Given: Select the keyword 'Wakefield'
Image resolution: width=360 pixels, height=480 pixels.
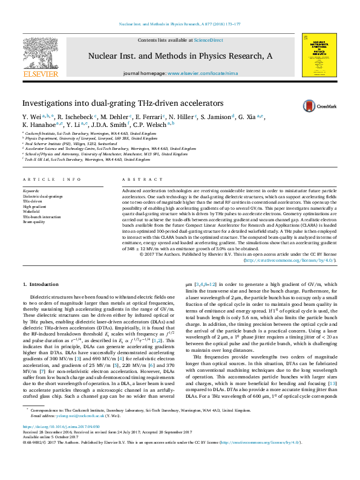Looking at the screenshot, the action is (x=34, y=211).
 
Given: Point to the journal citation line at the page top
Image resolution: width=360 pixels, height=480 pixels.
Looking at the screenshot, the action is (x=180, y=24).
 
